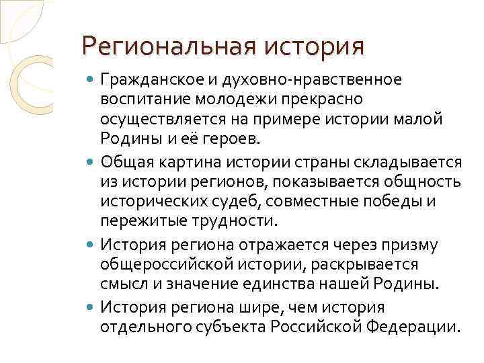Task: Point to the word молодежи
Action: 234,100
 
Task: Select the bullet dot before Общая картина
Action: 91,163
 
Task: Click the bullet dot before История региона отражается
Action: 91,245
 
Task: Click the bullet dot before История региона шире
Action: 91,309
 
